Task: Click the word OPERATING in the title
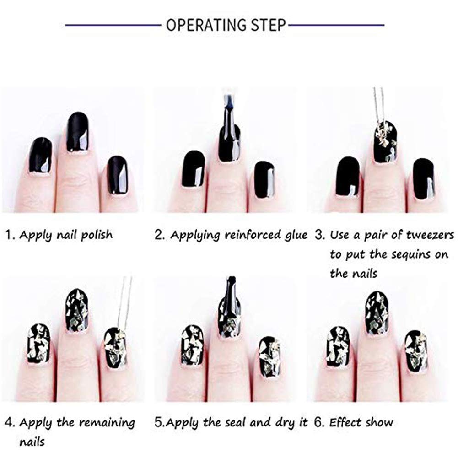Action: (x=202, y=25)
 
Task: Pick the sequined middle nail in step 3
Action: (x=384, y=142)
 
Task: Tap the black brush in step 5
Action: (x=228, y=295)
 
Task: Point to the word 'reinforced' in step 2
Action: (x=252, y=236)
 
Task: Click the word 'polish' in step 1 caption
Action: (x=97, y=236)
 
